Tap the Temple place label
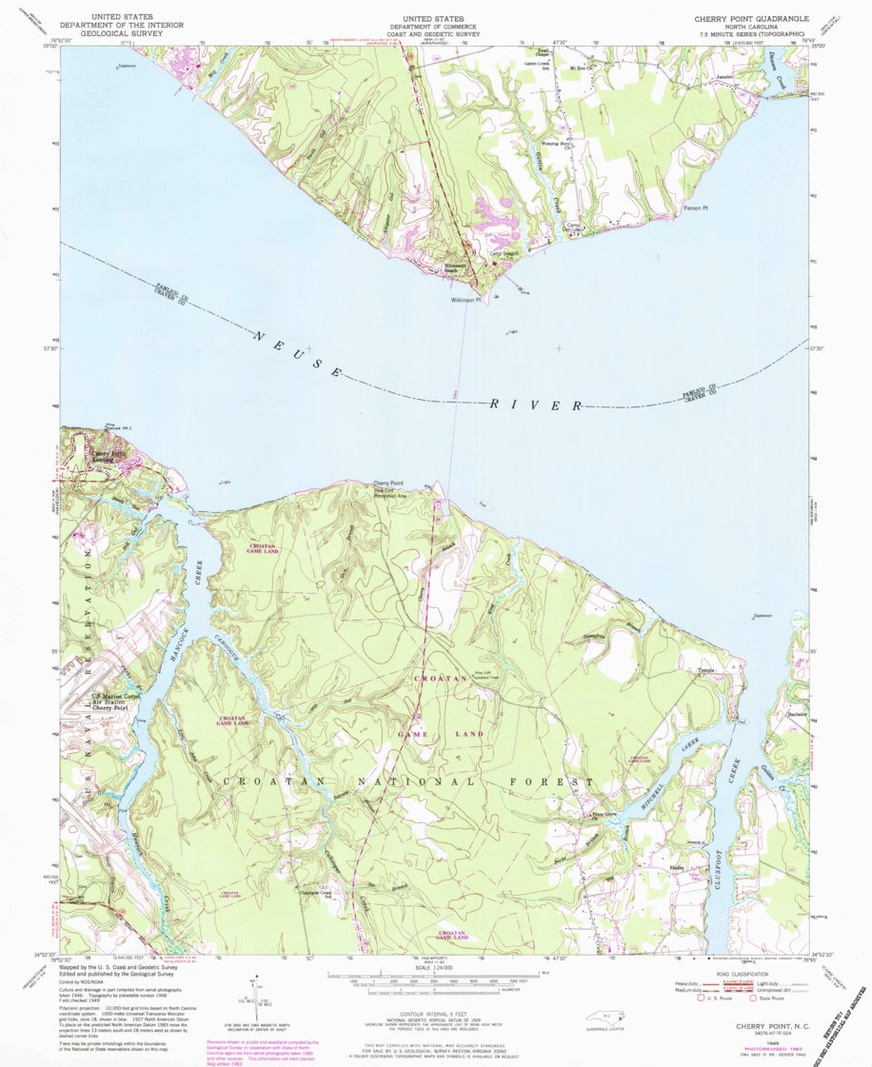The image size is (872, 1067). point(705,671)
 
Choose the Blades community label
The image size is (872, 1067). point(677,868)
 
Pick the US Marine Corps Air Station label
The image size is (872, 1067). point(108,701)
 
